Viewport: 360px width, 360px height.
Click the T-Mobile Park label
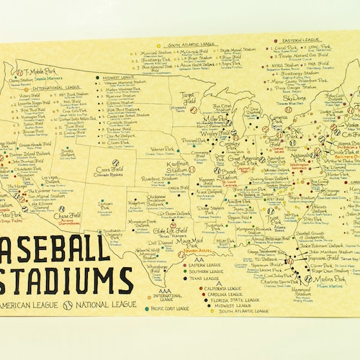42,73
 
